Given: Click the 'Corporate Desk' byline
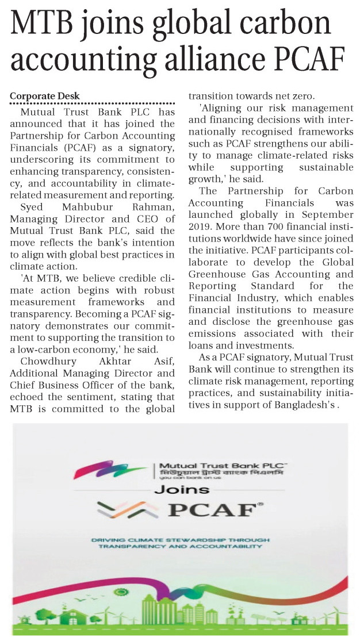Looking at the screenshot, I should point(44,96).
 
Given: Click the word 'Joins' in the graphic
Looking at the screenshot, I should point(181,490).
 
